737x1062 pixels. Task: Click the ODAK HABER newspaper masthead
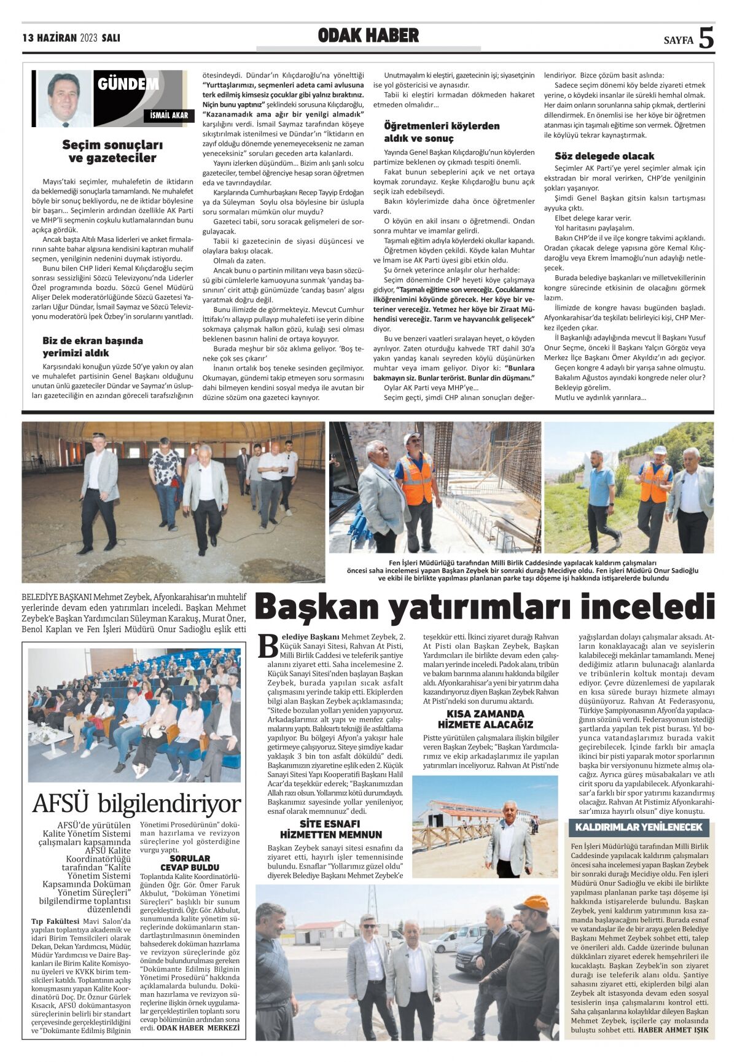(x=368, y=36)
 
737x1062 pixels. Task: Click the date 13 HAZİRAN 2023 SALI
(x=71, y=38)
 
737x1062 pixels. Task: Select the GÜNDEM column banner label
(x=128, y=84)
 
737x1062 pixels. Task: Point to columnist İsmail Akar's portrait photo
(x=64, y=98)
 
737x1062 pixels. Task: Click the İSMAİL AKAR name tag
(x=169, y=115)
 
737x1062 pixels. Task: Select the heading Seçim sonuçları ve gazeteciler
(x=112, y=152)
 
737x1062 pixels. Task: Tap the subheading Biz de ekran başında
(x=93, y=340)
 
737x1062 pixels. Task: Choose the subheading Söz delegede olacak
(x=604, y=156)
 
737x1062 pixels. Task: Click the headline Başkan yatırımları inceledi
(x=485, y=607)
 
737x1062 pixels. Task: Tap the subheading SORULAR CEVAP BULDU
(x=190, y=862)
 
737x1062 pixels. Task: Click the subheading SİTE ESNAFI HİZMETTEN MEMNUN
(x=331, y=829)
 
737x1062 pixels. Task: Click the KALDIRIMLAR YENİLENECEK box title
(x=639, y=827)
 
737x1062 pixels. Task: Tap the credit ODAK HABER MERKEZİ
(x=198, y=1027)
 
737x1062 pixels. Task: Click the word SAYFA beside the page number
(x=678, y=41)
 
